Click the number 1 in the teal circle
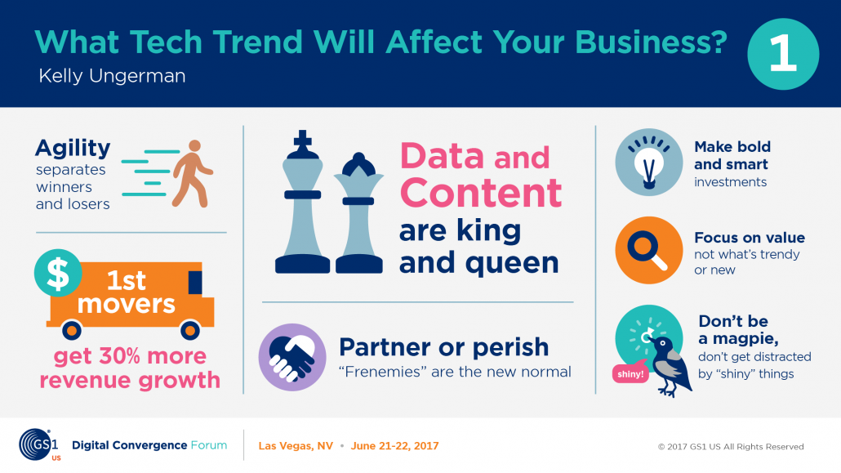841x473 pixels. (782, 54)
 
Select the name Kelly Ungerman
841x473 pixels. (112, 76)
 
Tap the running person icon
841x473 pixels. (192, 173)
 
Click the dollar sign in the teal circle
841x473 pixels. (57, 273)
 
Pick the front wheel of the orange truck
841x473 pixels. (190, 330)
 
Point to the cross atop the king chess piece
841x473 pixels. (303, 141)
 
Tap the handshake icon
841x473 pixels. (292, 357)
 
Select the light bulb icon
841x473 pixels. (649, 162)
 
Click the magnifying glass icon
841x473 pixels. (649, 250)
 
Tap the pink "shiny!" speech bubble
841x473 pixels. (630, 373)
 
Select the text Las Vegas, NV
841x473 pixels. (296, 446)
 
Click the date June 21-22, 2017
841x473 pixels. (394, 446)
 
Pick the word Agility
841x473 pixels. (73, 149)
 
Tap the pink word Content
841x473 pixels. (481, 193)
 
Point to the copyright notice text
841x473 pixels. (731, 447)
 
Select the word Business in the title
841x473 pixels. (651, 42)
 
